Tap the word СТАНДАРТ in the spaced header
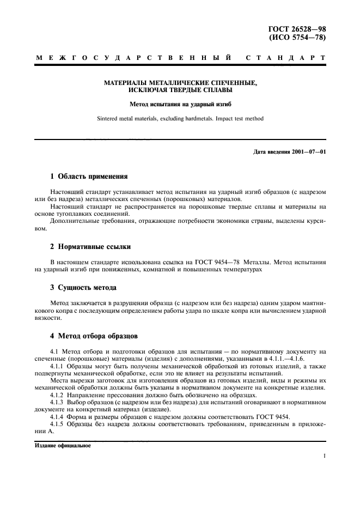(286, 57)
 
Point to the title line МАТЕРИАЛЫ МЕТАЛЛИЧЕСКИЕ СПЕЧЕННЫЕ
(180, 83)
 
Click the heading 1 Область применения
(88, 177)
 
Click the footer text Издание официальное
(63, 445)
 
